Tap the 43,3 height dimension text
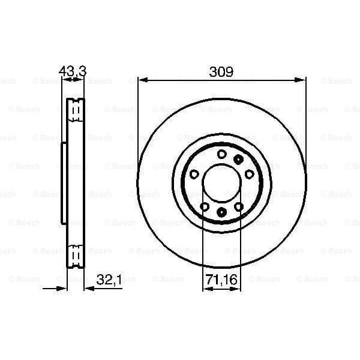(73, 71)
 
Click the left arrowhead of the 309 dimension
(142, 79)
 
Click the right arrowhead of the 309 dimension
(302, 79)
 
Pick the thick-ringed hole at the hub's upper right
(239, 159)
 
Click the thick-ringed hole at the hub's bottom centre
(221, 212)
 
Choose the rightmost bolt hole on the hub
(248, 174)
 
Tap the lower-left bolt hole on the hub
(205, 206)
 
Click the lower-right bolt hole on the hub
(239, 206)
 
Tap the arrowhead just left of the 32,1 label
(88, 288)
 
